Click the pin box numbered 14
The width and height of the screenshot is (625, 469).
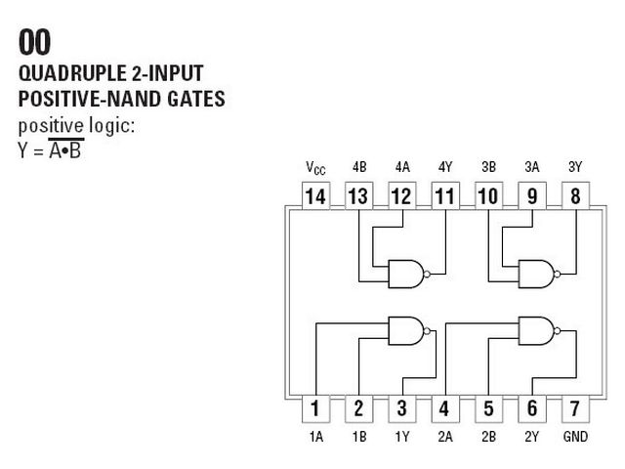tap(315, 195)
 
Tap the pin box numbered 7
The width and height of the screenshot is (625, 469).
tap(575, 408)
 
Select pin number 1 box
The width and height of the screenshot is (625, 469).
tap(315, 408)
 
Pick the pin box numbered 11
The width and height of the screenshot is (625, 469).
tap(445, 195)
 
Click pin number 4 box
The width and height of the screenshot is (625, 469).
tap(445, 408)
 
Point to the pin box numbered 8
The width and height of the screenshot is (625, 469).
tap(575, 195)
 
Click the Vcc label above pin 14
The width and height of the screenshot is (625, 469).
tap(315, 168)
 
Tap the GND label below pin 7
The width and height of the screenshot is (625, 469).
tap(575, 437)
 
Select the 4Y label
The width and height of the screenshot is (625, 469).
tap(445, 167)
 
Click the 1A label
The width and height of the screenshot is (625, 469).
tap(316, 437)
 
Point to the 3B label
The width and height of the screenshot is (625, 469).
tap(488, 167)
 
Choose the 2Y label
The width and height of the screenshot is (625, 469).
tap(532, 437)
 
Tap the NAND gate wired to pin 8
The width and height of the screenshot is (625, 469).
tap(537, 274)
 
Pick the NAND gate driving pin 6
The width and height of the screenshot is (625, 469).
tap(537, 331)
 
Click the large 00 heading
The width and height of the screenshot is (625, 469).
tap(35, 42)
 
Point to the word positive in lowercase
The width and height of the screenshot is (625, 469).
tap(51, 126)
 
